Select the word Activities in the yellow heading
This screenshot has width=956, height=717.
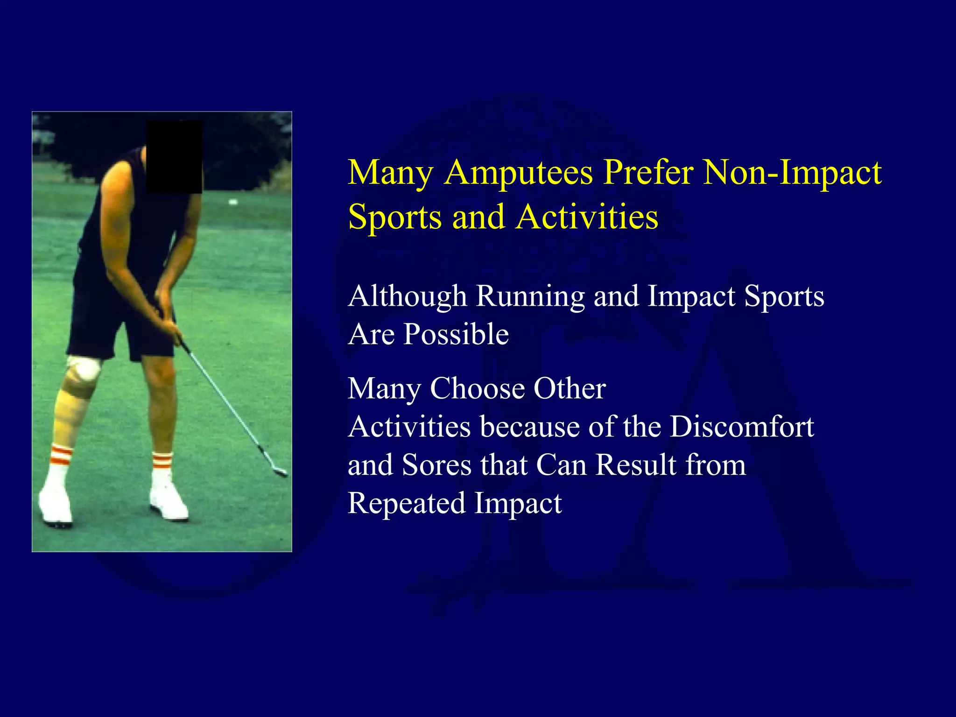(x=587, y=218)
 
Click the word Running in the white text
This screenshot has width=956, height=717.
(x=530, y=297)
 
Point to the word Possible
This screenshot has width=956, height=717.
(x=456, y=334)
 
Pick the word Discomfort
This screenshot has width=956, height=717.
(x=742, y=427)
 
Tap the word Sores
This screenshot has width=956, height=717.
(x=436, y=465)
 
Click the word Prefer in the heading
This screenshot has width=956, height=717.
(x=648, y=173)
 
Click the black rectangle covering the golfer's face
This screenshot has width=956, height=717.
(x=174, y=157)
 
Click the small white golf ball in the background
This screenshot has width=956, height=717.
(x=232, y=202)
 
